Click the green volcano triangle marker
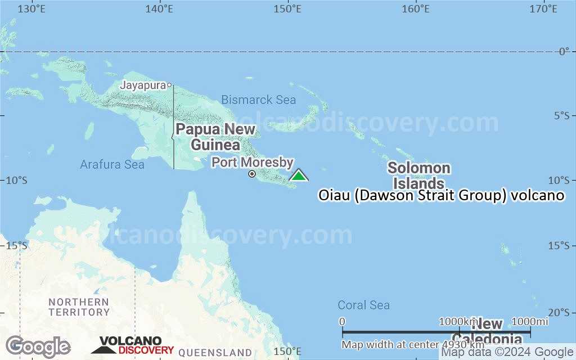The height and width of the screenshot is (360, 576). (299, 175)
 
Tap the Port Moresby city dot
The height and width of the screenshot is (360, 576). (252, 174)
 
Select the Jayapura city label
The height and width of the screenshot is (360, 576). (143, 85)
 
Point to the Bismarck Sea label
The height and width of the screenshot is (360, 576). (258, 100)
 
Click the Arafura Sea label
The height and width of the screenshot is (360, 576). (112, 164)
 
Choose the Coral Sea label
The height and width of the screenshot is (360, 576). (363, 305)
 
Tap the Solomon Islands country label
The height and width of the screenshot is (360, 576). (418, 175)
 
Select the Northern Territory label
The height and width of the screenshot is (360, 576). (79, 307)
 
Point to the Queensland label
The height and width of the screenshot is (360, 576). (215, 353)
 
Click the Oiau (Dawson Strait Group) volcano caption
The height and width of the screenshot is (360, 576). (441, 195)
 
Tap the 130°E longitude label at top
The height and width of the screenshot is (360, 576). (31, 9)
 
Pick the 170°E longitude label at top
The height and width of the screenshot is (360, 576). (543, 9)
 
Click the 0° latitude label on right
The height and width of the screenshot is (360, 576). (564, 51)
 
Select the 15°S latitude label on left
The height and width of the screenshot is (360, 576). (16, 245)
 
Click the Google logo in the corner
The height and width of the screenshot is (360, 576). (38, 346)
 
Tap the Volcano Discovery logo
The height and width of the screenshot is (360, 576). (133, 345)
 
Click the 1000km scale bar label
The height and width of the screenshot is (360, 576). (458, 321)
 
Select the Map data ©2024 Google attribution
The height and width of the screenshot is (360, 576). (507, 352)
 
